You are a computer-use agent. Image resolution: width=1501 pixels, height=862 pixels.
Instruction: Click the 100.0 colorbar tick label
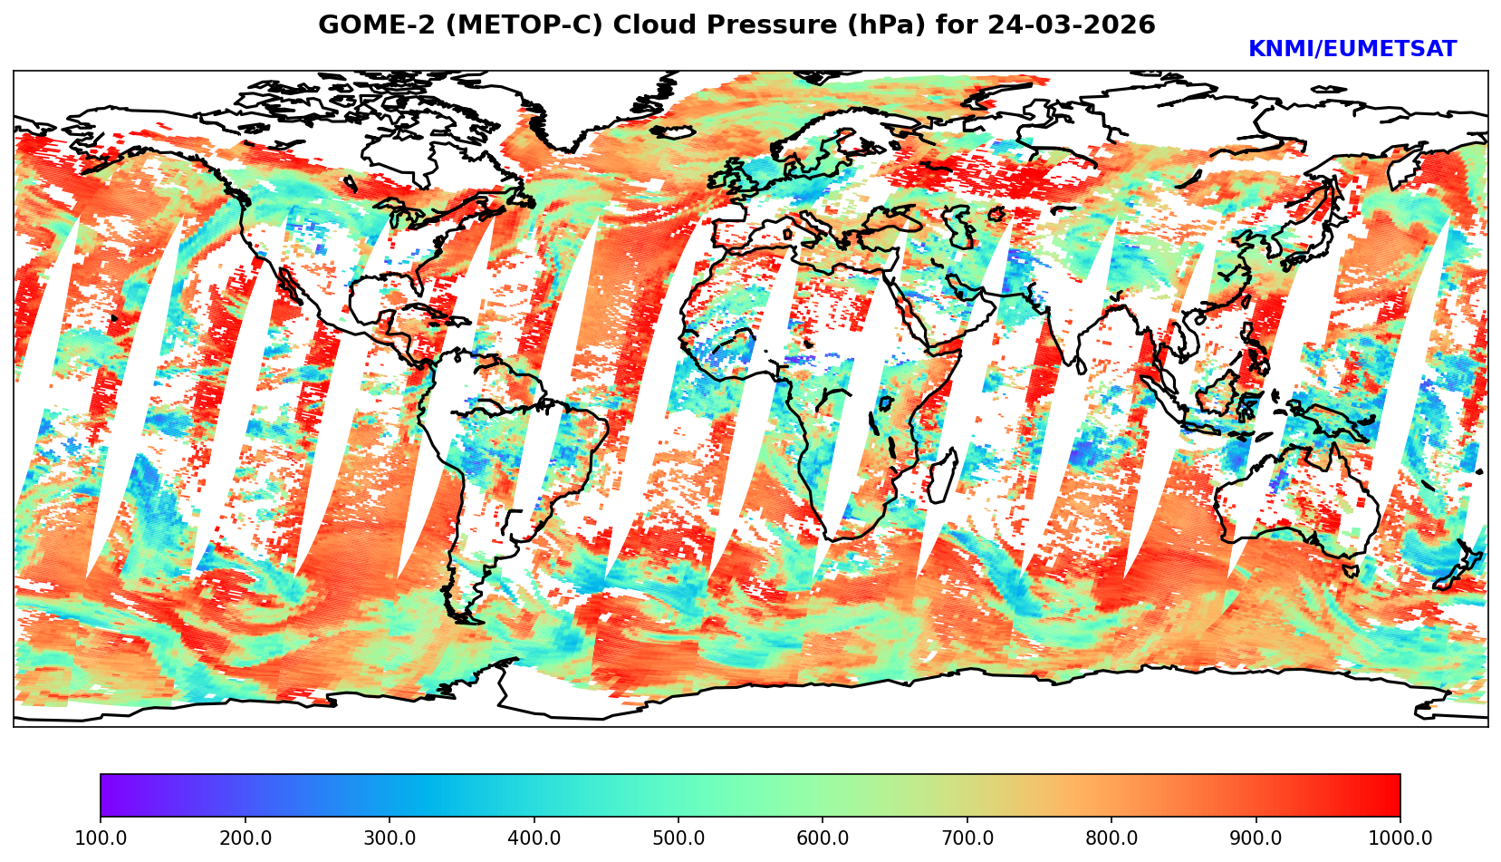(100, 838)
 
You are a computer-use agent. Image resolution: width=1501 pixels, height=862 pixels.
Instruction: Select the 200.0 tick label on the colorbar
(245, 838)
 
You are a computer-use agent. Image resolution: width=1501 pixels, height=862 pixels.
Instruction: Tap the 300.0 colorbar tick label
(389, 838)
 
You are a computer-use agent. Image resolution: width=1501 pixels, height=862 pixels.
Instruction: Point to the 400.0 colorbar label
(534, 838)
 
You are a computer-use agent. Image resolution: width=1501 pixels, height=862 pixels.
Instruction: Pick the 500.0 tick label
(678, 838)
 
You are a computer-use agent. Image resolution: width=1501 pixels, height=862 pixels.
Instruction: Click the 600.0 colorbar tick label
(823, 838)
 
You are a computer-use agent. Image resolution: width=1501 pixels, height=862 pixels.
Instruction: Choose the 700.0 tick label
(967, 838)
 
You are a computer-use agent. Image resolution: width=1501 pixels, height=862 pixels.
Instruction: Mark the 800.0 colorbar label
(1111, 838)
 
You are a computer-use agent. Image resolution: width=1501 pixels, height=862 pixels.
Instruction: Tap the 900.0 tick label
(1256, 838)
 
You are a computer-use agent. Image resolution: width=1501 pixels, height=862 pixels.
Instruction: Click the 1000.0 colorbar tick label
(1400, 838)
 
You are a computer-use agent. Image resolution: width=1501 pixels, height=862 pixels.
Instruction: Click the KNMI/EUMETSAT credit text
(1352, 50)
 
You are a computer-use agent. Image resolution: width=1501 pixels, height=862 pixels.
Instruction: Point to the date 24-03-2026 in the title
(1072, 25)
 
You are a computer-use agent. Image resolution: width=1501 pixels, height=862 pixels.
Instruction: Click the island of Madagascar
(943, 478)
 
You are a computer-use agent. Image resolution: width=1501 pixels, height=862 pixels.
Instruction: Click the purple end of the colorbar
(109, 796)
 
